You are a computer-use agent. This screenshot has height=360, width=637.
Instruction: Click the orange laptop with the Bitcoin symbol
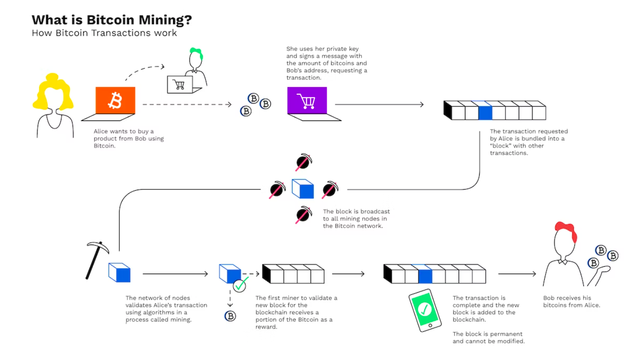coord(115,101)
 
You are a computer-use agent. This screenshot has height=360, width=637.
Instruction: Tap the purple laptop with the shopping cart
coord(306,101)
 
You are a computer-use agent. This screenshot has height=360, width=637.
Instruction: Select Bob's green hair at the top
coord(196,52)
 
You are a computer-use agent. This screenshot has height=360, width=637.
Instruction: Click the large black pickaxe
coord(96,259)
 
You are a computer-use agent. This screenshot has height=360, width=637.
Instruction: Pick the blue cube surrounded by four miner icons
coord(303,189)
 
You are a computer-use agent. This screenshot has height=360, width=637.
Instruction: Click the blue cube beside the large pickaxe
coord(119,272)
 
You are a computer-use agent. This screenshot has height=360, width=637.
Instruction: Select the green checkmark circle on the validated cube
coord(239,285)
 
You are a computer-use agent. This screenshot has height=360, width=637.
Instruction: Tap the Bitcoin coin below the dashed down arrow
coord(230,316)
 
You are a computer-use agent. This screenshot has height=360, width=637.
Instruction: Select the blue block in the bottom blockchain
coord(425,276)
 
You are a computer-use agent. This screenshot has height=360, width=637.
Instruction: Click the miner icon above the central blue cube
coord(304,162)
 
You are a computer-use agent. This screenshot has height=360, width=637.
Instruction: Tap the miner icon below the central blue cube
coord(304,215)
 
